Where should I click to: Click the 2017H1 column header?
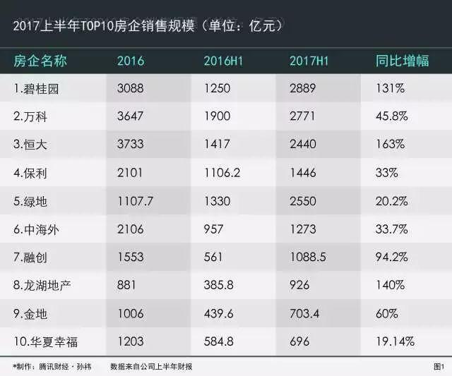pyautogui.click(x=309, y=61)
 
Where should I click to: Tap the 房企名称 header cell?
pyautogui.click(x=41, y=61)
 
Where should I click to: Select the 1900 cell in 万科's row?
pyautogui.click(x=215, y=116)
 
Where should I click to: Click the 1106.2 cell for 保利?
pyautogui.click(x=220, y=173)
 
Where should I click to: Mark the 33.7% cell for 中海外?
pyautogui.click(x=394, y=229)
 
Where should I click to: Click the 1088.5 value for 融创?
pyautogui.click(x=308, y=257)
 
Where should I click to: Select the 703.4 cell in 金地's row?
pyautogui.click(x=305, y=313)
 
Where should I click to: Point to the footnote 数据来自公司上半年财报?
pyautogui.click(x=151, y=367)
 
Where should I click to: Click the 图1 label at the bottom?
pyautogui.click(x=438, y=367)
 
